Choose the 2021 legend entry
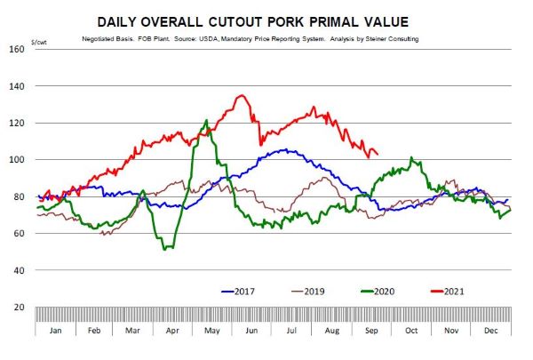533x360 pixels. pyautogui.click(x=454, y=290)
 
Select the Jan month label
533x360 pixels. pyautogui.click(x=55, y=329)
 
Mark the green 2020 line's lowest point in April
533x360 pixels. pyautogui.click(x=165, y=248)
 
